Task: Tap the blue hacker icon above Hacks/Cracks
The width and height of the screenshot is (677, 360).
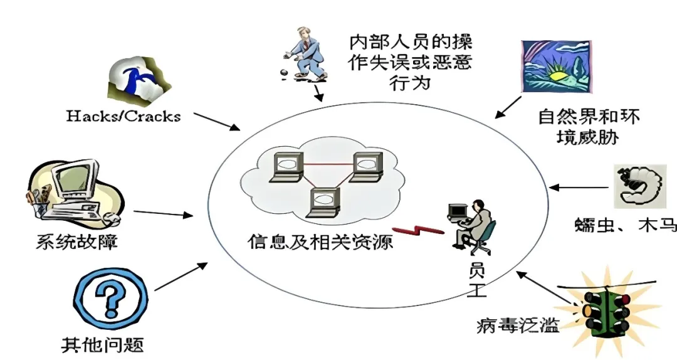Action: point(137,78)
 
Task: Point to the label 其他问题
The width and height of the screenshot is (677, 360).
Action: point(102,344)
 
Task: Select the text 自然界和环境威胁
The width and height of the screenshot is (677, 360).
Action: point(589,126)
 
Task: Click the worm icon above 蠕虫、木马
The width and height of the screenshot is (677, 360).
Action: point(639,186)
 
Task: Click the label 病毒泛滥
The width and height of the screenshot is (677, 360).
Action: point(517,325)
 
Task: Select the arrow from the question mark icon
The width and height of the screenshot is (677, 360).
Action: point(181,276)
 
